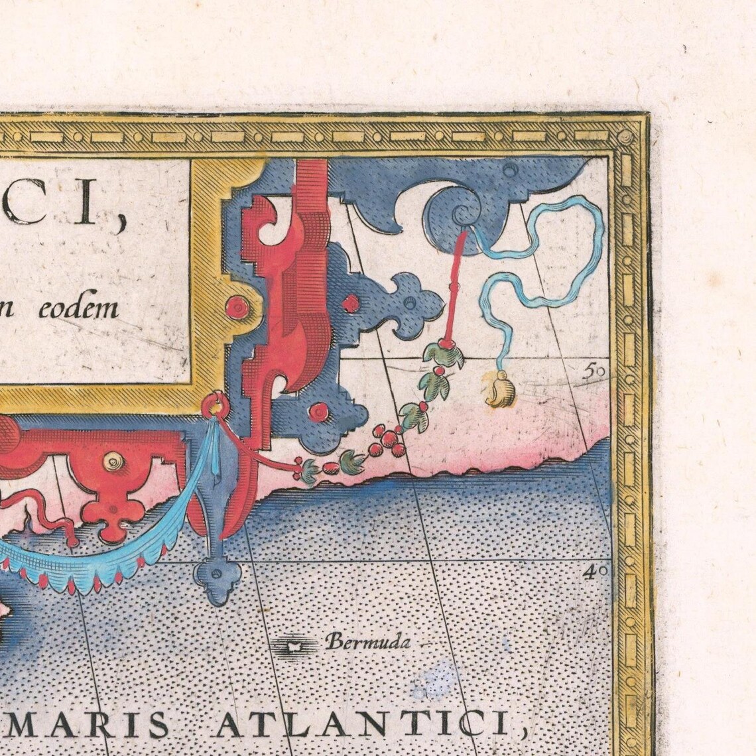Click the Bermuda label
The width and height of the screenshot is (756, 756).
[x=368, y=642]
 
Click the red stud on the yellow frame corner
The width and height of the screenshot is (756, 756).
[x=237, y=307]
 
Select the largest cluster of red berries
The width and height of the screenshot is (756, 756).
[x=385, y=439]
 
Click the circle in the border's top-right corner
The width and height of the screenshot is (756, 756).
[x=626, y=137]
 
